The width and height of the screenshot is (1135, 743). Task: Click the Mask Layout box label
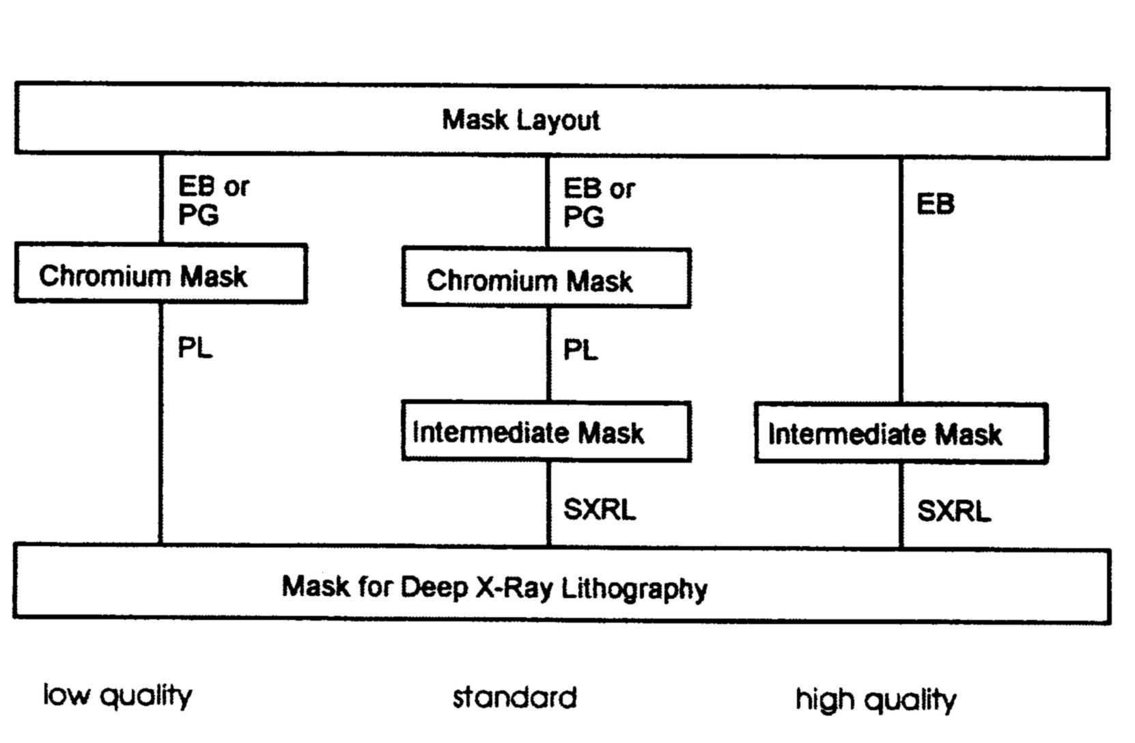pyautogui.click(x=520, y=120)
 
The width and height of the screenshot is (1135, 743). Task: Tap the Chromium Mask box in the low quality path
pyautogui.click(x=161, y=274)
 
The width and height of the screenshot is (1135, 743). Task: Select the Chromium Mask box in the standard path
pyautogui.click(x=546, y=278)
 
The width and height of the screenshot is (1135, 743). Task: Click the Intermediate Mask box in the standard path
pyautogui.click(x=546, y=432)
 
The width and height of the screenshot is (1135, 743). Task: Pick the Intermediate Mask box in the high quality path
pyautogui.click(x=901, y=433)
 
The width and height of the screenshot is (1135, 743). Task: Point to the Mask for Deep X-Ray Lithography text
pyautogui.click(x=494, y=587)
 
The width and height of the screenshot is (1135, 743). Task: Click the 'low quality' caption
pyautogui.click(x=117, y=696)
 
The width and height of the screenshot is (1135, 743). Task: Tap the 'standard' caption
pyautogui.click(x=514, y=698)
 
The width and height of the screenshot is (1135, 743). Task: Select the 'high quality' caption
pyautogui.click(x=875, y=700)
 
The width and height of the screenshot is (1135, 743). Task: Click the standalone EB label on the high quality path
pyautogui.click(x=935, y=204)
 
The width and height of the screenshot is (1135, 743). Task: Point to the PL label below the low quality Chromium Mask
pyautogui.click(x=195, y=348)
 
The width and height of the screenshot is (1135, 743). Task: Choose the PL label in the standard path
pyautogui.click(x=580, y=351)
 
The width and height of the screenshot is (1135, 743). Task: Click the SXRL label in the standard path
pyautogui.click(x=599, y=509)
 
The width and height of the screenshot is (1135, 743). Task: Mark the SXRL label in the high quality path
pyautogui.click(x=953, y=511)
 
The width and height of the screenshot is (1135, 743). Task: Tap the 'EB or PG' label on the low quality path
pyautogui.click(x=213, y=200)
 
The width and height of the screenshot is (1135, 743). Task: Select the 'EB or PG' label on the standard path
pyautogui.click(x=598, y=202)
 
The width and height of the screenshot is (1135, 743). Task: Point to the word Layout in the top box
pyautogui.click(x=558, y=120)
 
